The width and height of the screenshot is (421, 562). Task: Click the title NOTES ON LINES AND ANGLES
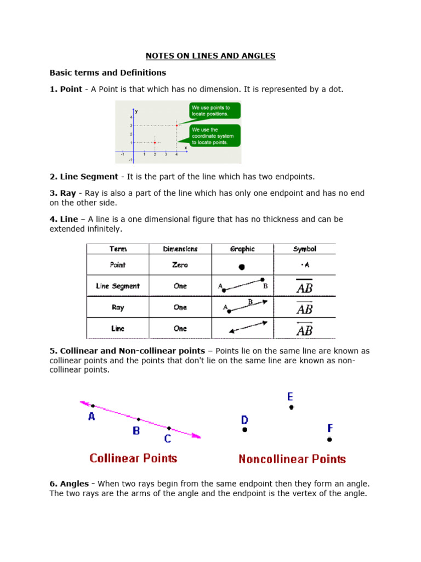210,56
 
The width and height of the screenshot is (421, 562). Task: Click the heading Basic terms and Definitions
107,72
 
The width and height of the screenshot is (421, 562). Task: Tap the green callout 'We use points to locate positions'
214,111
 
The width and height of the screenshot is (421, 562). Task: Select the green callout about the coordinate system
214,136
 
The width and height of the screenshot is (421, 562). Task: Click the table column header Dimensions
180,249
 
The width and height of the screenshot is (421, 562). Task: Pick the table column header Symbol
304,249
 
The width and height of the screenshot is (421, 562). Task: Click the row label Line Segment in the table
118,286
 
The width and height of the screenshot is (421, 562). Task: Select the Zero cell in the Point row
180,265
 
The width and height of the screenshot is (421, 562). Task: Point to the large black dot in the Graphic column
242,267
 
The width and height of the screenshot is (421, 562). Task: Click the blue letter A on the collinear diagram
92,417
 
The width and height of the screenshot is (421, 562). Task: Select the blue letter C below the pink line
167,438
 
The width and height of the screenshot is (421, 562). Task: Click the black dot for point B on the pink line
138,419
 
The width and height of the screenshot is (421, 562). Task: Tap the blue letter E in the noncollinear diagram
290,396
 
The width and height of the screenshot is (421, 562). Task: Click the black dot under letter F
329,439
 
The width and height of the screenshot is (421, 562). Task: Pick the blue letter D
244,420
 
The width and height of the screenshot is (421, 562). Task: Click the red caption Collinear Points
133,458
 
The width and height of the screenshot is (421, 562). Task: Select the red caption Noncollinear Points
292,459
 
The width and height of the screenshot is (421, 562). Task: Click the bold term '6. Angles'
69,484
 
